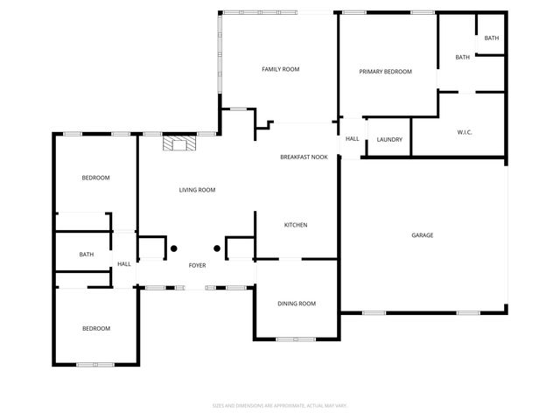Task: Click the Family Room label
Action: coord(281,68)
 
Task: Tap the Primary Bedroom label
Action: coord(385,72)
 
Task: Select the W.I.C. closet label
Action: coord(465,132)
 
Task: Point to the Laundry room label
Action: coord(389,139)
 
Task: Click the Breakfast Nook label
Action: coord(304,157)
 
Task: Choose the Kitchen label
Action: coord(296,225)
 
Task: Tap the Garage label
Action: coord(423,234)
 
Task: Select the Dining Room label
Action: coord(297,304)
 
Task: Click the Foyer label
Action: coord(198,264)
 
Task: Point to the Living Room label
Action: coord(197,190)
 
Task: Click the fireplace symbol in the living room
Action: coord(179,143)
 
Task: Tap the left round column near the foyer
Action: coord(173,248)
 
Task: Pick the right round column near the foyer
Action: coord(216,248)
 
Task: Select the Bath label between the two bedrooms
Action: coord(87,255)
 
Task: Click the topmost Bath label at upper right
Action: coord(492,38)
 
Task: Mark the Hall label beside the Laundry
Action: coord(353,139)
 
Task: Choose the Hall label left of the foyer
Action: coord(124,264)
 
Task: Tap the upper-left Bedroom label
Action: coord(95,178)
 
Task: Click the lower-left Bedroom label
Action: coord(96,328)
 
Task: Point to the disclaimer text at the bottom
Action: coord(280,405)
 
